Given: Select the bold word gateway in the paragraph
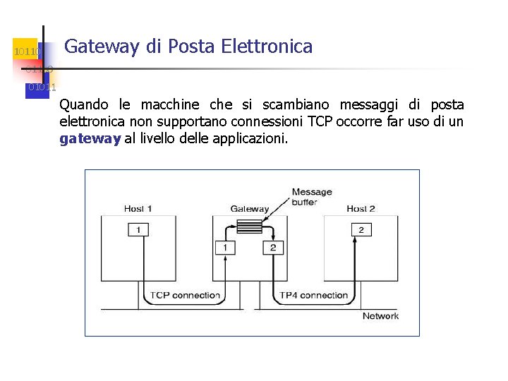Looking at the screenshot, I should [x=90, y=139].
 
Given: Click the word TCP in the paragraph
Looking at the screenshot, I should [x=321, y=122].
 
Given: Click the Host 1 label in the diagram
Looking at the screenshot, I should [x=138, y=208].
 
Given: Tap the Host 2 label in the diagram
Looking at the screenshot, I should [x=361, y=208].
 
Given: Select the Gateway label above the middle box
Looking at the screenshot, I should [x=250, y=209].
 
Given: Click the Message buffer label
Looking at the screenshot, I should [x=311, y=196].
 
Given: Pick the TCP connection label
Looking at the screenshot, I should [x=185, y=295].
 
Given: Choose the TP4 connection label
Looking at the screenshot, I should [x=314, y=295].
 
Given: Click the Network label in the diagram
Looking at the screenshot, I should [x=380, y=315].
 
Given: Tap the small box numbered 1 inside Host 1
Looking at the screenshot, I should [x=138, y=230].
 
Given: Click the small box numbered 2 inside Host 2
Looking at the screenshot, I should [x=361, y=230].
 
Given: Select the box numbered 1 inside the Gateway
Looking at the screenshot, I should [x=225, y=248].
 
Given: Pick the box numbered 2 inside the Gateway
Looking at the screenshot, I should [x=272, y=248].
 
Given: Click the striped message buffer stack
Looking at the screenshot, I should [x=248, y=226].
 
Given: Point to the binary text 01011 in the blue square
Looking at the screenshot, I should [x=40, y=87].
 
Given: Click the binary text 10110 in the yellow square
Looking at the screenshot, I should [x=28, y=52].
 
